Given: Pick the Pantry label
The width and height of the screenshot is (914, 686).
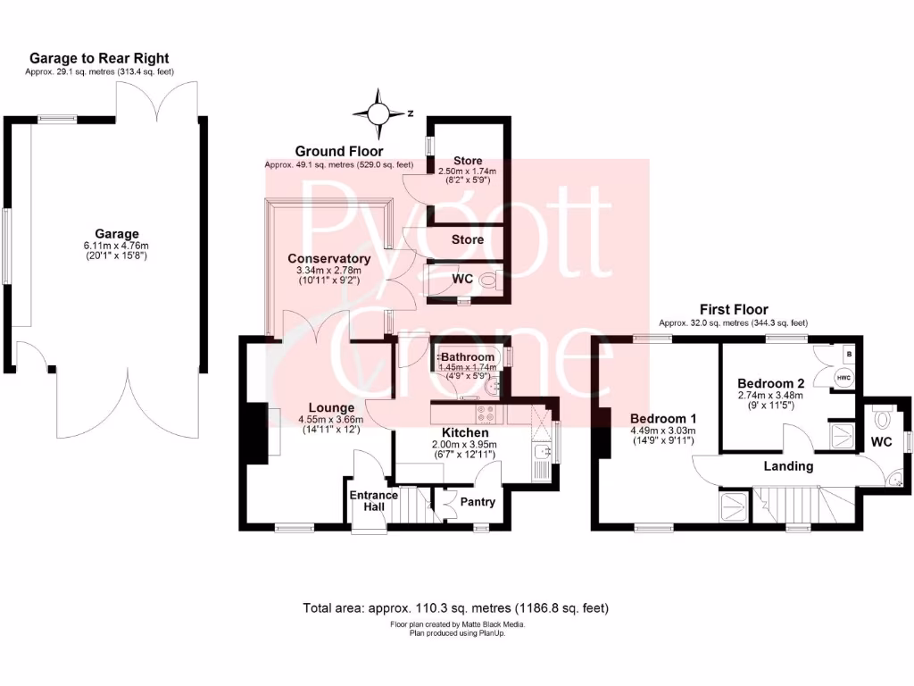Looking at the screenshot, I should coord(477,501).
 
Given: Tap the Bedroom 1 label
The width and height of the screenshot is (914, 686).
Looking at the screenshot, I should coord(662,418).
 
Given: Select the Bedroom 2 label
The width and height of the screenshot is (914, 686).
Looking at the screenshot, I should coord(770,383).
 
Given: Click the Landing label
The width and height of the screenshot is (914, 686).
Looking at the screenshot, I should coord(789,465).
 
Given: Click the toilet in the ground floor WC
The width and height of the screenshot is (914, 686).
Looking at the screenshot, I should coord(487,280).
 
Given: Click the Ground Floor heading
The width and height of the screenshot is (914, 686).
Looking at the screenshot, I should coord(339,152).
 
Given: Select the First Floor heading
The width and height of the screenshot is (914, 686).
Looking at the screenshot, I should coord(733,310).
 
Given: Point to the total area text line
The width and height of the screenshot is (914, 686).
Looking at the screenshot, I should coord(456,608).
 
